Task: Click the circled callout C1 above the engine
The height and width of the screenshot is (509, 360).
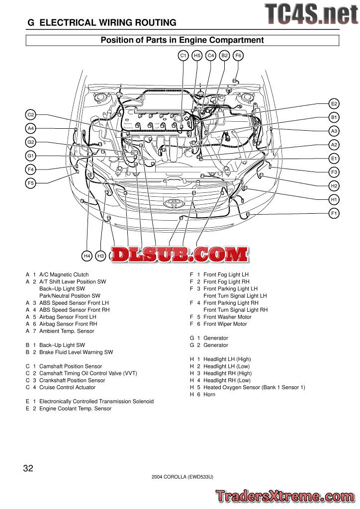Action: (x=183, y=56)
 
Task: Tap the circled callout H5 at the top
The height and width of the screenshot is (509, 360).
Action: (x=197, y=56)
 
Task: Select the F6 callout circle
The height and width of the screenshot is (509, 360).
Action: (x=238, y=56)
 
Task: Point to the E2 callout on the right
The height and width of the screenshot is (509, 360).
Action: (x=334, y=103)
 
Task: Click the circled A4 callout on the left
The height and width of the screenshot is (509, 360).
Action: (x=30, y=128)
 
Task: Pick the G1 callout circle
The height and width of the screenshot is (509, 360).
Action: (x=30, y=156)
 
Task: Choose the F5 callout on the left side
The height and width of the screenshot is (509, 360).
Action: (x=30, y=183)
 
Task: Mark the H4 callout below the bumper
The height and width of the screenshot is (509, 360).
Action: (x=87, y=256)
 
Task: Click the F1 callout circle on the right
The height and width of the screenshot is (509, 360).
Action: (x=334, y=213)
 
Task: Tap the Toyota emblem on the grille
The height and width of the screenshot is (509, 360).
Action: (x=174, y=203)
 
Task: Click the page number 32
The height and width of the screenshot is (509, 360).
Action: (x=28, y=468)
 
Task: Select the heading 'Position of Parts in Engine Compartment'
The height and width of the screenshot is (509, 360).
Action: (x=182, y=40)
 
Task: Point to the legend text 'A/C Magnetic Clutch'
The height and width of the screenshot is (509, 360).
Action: (x=64, y=274)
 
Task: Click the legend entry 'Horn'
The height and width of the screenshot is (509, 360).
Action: (x=209, y=394)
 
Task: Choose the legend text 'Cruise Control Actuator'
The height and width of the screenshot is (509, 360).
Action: (x=67, y=387)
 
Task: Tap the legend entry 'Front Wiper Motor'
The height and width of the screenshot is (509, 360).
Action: (x=225, y=324)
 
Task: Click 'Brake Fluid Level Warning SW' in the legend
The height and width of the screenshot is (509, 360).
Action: (x=76, y=352)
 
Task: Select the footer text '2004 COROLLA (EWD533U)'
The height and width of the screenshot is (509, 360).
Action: (x=182, y=477)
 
